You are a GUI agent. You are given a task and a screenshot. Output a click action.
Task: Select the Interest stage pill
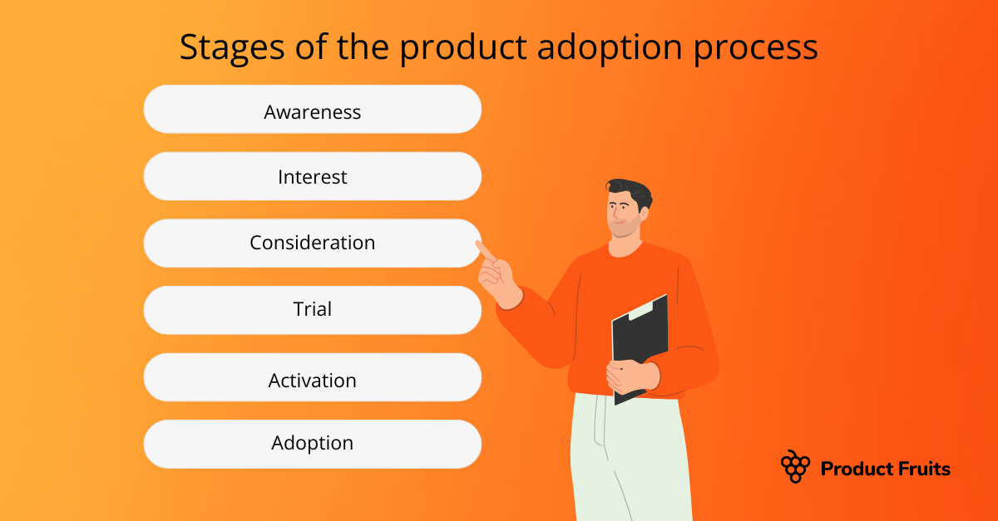[x=313, y=176]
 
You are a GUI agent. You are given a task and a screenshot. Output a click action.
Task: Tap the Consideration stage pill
[x=313, y=243]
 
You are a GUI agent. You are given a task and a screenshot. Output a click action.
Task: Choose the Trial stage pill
[x=313, y=310]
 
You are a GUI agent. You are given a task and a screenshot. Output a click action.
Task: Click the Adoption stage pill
[x=313, y=444]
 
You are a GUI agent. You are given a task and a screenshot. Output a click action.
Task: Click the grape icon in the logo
[x=795, y=467]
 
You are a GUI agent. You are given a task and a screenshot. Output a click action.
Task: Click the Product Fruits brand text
[x=885, y=469]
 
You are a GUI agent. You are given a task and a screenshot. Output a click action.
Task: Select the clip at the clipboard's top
[x=646, y=310]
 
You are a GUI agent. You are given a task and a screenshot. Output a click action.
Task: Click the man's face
[x=622, y=214]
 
